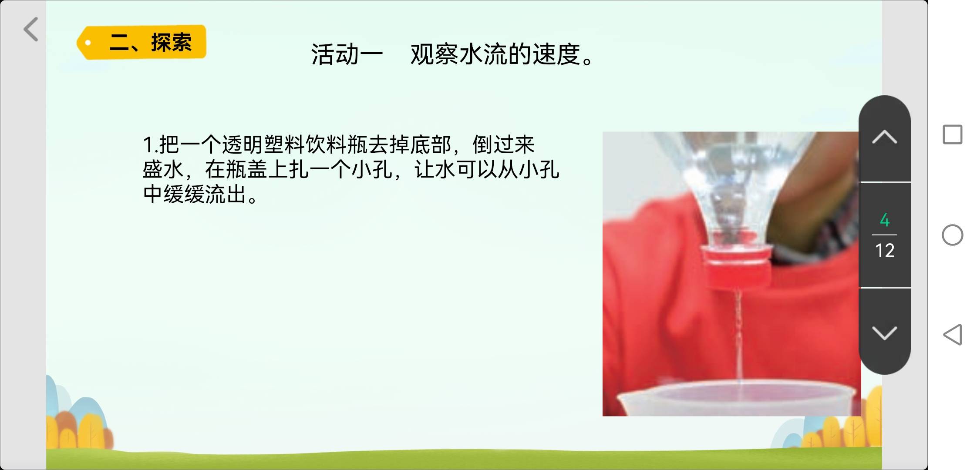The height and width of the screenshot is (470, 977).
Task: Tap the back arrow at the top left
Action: (31, 29)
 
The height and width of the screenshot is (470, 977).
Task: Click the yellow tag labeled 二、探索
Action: (141, 42)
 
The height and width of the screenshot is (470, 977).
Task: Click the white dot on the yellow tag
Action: (88, 43)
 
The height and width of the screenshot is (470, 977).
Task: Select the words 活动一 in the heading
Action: (347, 55)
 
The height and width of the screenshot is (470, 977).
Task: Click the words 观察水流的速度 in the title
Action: (495, 55)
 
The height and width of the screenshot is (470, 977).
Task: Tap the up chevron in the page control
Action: (885, 137)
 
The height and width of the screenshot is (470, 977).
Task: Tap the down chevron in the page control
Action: (885, 333)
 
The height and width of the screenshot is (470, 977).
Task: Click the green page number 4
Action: (885, 220)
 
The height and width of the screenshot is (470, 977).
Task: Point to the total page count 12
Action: (885, 251)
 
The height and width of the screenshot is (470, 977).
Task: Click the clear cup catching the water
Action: (736, 398)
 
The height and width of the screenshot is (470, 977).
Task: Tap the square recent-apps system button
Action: (953, 134)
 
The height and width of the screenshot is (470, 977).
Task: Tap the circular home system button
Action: (953, 235)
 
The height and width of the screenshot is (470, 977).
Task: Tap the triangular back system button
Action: (953, 334)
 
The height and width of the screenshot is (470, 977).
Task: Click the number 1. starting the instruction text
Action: (150, 145)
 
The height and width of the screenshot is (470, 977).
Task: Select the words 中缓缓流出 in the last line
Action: (195, 195)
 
